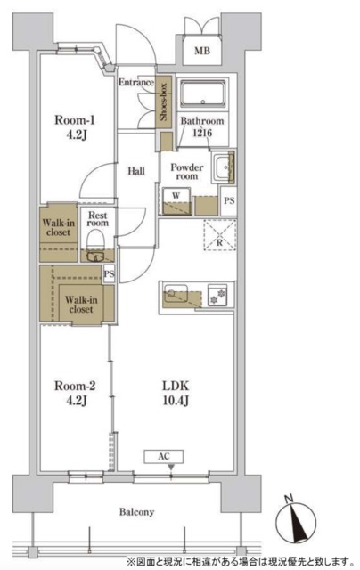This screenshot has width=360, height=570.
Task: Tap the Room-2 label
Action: pos(75,393)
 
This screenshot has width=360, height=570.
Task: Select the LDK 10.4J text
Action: pos(176,393)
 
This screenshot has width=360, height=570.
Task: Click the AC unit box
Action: pos(164,457)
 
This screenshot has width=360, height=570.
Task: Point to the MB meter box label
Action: pos(201,51)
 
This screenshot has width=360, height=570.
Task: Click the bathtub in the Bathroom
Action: pos(203,94)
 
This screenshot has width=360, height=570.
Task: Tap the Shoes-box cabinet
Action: pos(163,102)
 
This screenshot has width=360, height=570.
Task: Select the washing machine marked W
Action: pos(176,200)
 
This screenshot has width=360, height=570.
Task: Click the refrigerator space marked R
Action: pos(219,235)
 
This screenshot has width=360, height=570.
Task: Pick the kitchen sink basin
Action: pos(176,294)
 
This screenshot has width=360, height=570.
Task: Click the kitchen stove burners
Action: pos(217,295)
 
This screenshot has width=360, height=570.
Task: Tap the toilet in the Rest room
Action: pos(96,241)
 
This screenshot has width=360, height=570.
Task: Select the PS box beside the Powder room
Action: pos(229,200)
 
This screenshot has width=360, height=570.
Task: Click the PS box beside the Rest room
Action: pos(109,273)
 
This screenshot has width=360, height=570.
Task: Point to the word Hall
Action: pos(136,171)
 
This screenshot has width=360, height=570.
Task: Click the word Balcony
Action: pos(136,512)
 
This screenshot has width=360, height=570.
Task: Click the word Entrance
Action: pos(136,82)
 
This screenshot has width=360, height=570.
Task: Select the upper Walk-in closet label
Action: pos(58,227)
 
